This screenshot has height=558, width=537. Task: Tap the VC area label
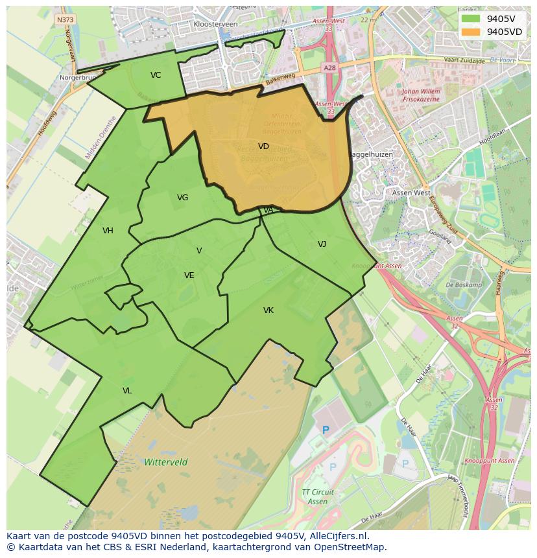coord(156,75)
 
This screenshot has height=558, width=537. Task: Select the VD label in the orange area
coord(263,146)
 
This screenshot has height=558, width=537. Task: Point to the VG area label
coord(182,198)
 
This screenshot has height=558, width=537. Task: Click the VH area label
coord(108,231)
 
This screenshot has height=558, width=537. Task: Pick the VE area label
coord(189,275)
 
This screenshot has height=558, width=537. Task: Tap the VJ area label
coord(322,244)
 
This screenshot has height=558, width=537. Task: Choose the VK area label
coord(268,310)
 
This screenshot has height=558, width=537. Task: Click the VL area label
coord(127,391)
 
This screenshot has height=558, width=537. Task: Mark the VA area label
coord(268,210)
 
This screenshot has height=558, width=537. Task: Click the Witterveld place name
coord(166,462)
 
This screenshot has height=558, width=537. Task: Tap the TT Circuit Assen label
coord(318,497)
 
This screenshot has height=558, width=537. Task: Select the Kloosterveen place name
coord(215,24)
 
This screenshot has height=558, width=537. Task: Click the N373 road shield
coord(65,20)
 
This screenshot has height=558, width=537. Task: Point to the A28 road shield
coord(329,67)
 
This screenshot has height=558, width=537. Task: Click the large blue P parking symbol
coord(326,430)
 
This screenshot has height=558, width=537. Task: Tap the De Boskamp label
coord(464,285)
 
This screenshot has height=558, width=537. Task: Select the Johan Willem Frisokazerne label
coord(421,96)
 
